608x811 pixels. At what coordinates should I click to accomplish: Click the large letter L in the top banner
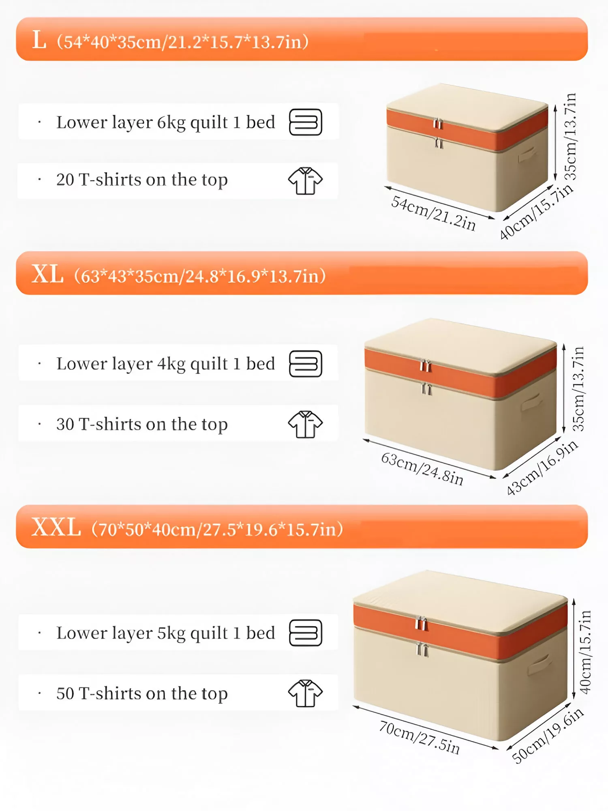[x=39, y=41]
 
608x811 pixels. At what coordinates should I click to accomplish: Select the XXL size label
[x=56, y=528]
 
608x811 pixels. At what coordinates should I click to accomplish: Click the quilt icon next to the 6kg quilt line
[x=306, y=122]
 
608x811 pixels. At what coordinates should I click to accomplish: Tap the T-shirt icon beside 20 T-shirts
[x=306, y=181]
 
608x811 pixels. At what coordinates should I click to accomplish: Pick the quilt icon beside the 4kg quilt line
[x=306, y=364]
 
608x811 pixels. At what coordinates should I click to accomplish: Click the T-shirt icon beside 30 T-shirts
[x=306, y=424]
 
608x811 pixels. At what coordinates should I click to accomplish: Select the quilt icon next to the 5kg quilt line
[x=306, y=633]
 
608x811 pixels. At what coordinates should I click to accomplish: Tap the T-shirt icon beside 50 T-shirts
[x=306, y=693]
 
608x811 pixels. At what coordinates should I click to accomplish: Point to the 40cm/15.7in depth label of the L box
[x=536, y=212]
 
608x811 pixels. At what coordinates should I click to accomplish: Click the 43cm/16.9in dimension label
[x=542, y=468]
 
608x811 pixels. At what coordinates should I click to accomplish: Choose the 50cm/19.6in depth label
[x=548, y=736]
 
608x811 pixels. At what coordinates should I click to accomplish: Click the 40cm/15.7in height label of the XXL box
[x=585, y=652]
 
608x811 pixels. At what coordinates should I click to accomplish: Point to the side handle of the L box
[x=528, y=154]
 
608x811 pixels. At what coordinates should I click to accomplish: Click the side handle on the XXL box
[x=539, y=664]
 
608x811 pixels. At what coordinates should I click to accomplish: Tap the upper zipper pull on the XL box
[x=425, y=366]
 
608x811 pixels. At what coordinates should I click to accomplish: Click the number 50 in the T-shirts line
[x=65, y=693]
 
